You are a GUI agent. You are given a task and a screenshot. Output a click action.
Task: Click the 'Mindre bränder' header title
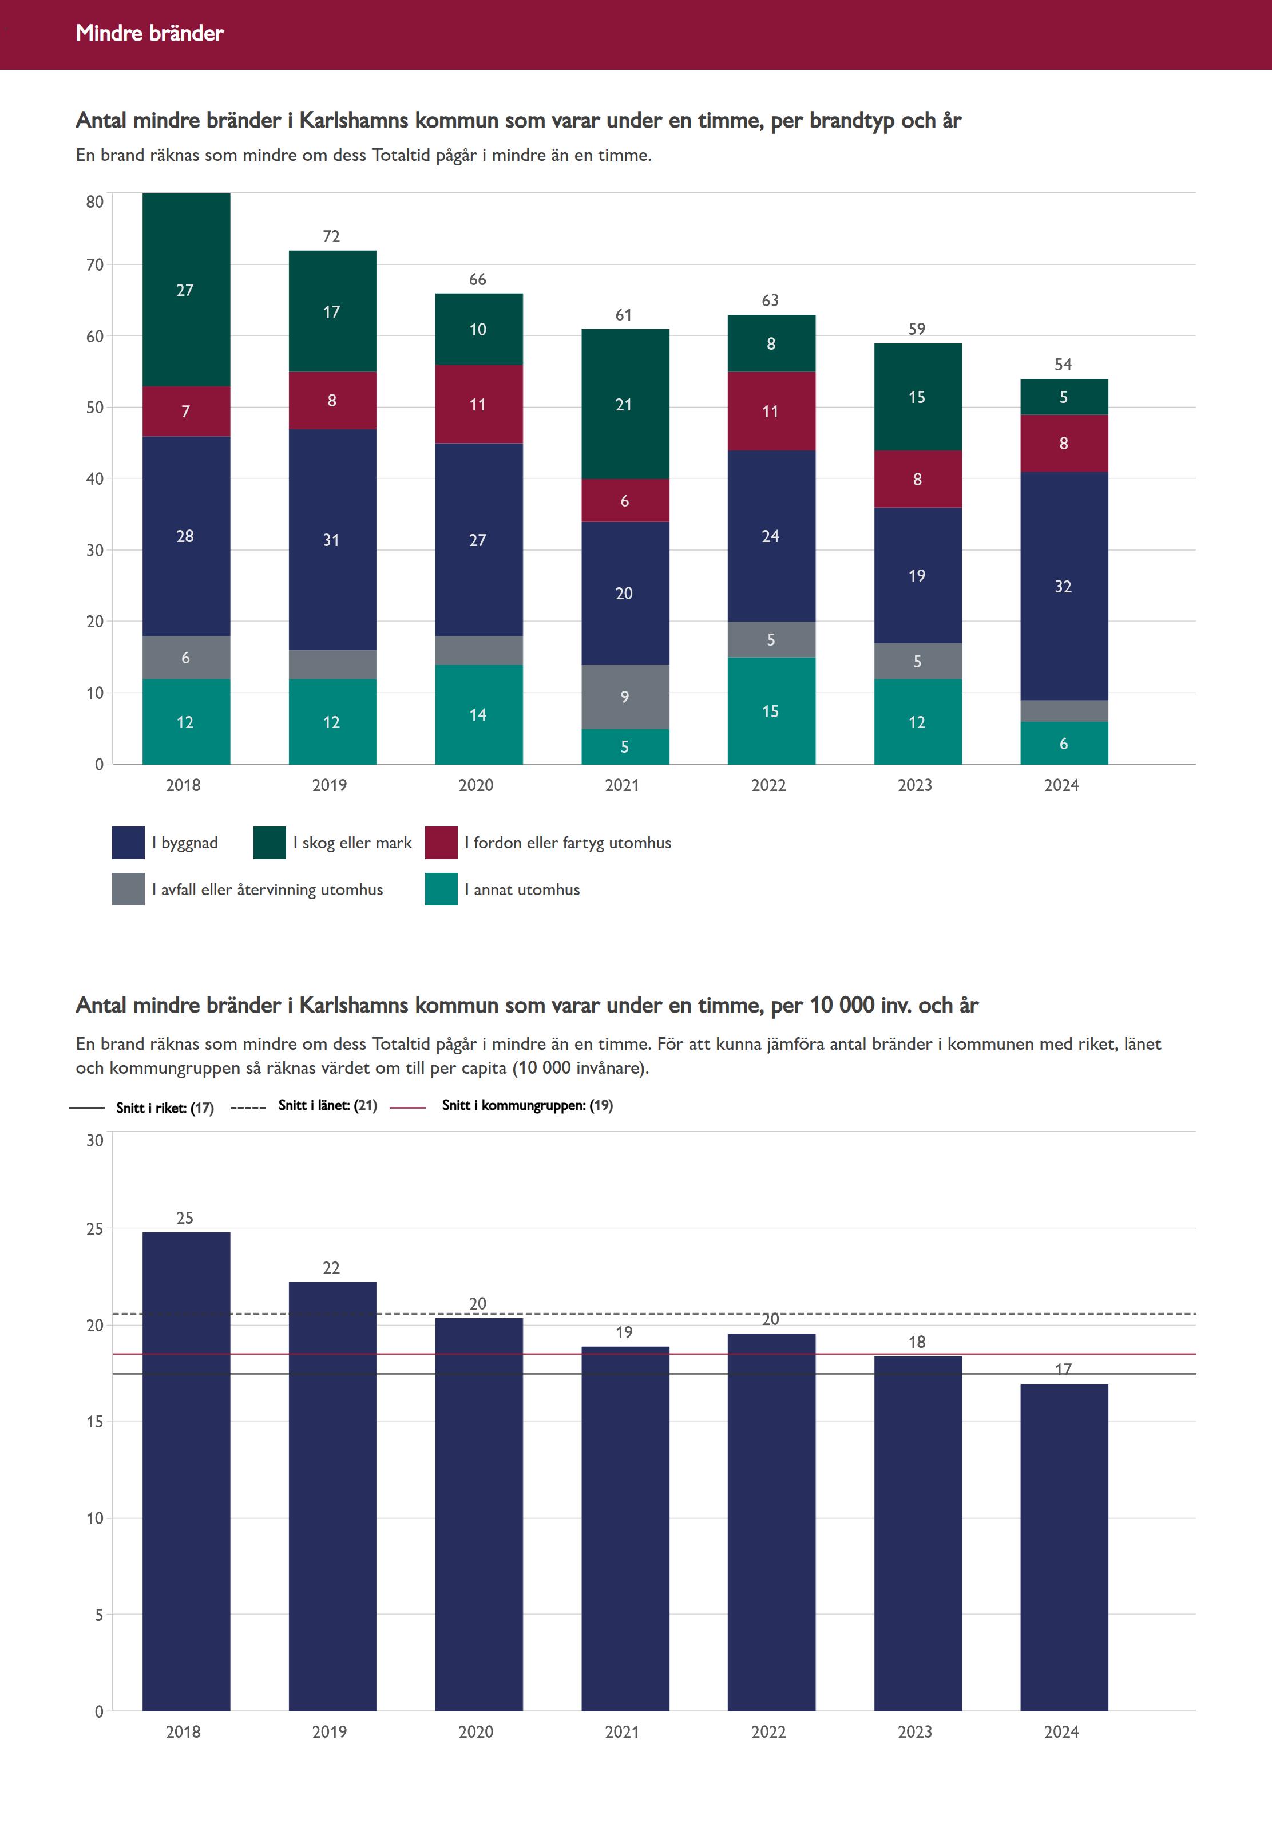(x=150, y=33)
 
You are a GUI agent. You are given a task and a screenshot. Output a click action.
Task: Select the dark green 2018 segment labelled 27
(x=186, y=290)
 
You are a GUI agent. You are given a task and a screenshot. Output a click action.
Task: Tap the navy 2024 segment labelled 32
(x=1063, y=586)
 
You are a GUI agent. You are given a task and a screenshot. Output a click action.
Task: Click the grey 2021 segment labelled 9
(x=625, y=697)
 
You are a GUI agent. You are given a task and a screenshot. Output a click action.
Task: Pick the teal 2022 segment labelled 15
(x=771, y=711)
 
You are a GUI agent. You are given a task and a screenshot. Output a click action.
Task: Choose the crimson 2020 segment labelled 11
(x=478, y=404)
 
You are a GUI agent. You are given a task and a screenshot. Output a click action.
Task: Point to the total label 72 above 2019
(x=331, y=237)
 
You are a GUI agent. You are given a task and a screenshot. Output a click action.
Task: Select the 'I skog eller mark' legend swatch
(x=270, y=843)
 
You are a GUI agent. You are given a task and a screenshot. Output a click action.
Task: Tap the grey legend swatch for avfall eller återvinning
(x=128, y=889)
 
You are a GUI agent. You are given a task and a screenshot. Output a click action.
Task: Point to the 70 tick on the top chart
(x=95, y=264)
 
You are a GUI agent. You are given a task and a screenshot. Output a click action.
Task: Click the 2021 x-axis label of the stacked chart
(x=623, y=785)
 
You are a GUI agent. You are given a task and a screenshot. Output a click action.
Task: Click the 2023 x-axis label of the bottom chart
(x=915, y=1732)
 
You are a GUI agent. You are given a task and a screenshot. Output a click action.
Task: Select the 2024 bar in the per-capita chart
(x=1063, y=1547)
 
